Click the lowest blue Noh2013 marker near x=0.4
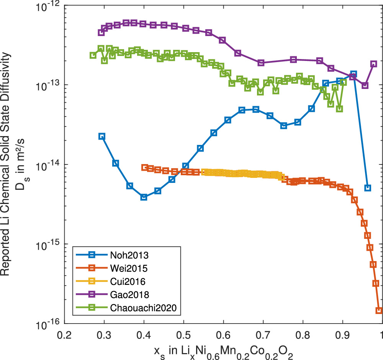tap(144, 197)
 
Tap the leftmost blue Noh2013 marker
tap(102, 136)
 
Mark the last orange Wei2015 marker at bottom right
tap(379, 311)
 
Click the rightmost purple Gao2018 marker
tap(373, 64)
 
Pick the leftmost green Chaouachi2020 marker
tap(93, 55)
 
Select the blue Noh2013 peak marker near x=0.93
tap(354, 74)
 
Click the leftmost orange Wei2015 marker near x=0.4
tap(145, 168)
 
